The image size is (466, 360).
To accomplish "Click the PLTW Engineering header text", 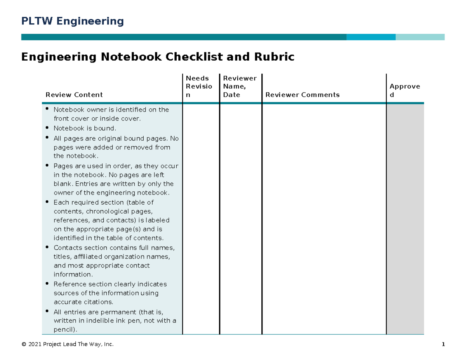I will (x=72, y=21).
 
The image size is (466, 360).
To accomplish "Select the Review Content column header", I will (x=74, y=95).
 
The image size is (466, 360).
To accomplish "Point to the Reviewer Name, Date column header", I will (x=240, y=87).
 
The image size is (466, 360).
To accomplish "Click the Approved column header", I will (x=405, y=90).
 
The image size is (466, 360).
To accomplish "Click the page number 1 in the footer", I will (x=443, y=344).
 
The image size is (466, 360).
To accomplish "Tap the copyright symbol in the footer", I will (x=24, y=344).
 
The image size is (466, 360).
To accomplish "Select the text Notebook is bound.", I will (x=85, y=128).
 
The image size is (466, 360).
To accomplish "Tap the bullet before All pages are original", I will (x=47, y=137).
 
